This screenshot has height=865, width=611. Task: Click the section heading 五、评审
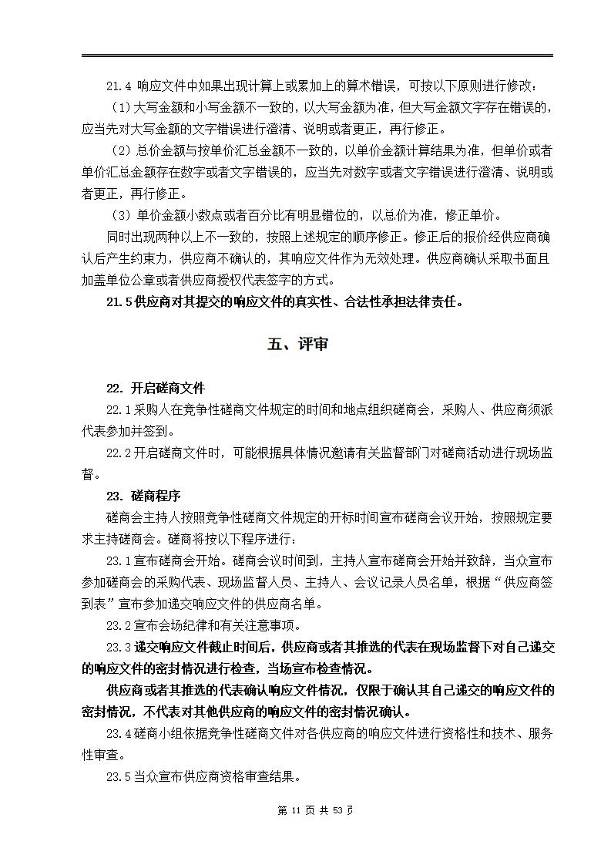tap(297, 345)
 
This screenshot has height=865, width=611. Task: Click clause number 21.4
tap(119, 86)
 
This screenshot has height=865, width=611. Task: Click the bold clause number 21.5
tap(119, 301)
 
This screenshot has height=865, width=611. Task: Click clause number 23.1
tap(119, 560)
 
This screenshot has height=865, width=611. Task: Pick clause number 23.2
tap(119, 625)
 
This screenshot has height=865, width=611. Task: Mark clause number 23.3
tap(119, 647)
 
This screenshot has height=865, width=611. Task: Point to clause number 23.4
tap(119, 733)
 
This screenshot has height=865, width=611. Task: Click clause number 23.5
tap(119, 776)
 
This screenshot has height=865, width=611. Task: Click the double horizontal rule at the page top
tap(317, 56)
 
